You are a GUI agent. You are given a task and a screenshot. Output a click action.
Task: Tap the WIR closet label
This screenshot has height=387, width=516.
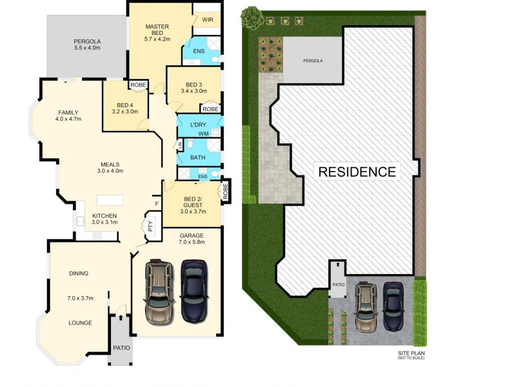[x=207, y=20]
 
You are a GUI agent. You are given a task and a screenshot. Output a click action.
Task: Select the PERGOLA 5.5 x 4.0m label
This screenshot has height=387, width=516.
[x=87, y=45]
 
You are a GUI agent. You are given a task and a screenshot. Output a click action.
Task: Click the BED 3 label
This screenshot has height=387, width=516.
[x=193, y=88]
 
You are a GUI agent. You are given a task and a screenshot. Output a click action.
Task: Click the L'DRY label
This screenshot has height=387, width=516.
[x=197, y=124]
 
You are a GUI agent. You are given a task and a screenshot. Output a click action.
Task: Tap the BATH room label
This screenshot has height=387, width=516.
[x=197, y=157]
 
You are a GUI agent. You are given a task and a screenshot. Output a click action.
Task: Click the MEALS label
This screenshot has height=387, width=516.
[x=110, y=167]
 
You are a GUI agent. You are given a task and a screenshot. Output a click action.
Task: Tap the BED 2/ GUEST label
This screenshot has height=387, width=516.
[x=193, y=203]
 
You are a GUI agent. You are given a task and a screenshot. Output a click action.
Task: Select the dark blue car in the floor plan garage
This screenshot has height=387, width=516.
[x=193, y=290]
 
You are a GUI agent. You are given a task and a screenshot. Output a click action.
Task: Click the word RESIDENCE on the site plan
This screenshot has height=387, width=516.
[x=357, y=172]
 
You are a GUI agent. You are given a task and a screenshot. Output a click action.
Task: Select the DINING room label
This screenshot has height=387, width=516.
[x=79, y=273]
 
